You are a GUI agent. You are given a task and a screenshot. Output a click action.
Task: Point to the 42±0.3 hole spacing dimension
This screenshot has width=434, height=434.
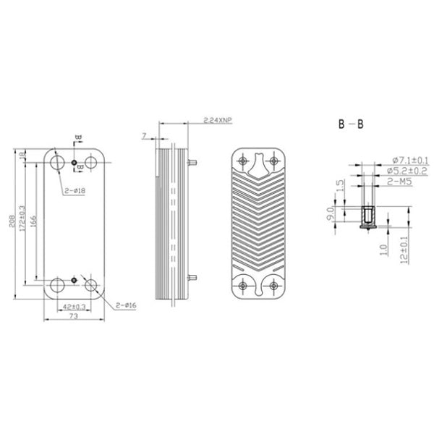(x=71, y=307)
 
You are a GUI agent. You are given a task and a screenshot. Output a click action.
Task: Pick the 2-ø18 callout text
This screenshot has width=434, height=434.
(x=75, y=190)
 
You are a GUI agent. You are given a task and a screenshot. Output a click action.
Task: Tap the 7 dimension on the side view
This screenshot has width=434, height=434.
(x=144, y=135)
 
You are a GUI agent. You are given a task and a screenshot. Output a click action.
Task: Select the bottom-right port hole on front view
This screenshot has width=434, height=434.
(x=92, y=285)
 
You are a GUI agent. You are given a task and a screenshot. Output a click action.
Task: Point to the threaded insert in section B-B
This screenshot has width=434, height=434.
(x=367, y=215)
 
